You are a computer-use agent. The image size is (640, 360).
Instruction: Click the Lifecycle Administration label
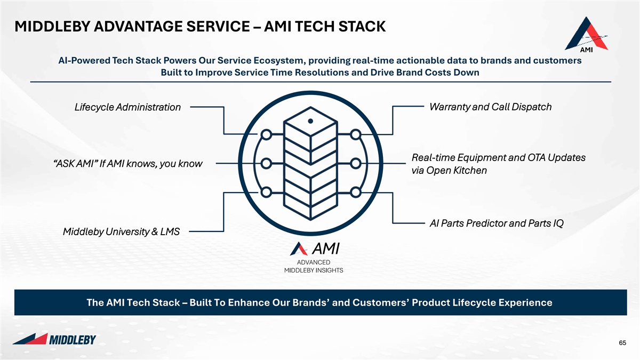point(127,107)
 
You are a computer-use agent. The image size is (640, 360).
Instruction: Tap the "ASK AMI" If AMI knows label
point(127,164)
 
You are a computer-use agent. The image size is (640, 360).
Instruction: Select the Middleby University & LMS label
point(121,231)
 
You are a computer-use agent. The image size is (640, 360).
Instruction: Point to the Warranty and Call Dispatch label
point(490,107)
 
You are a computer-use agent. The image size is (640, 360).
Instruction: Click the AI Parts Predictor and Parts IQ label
point(497,223)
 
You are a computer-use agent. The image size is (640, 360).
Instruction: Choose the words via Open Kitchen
point(449,171)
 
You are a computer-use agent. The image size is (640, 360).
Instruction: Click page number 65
point(622,343)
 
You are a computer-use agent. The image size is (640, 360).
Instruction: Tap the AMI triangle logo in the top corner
point(586,35)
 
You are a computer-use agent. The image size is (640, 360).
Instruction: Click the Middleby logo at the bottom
point(54,339)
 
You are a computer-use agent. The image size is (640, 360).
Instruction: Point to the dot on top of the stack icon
point(310,121)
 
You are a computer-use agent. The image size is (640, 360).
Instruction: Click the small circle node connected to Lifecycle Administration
point(266,134)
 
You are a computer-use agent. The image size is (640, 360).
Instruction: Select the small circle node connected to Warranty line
point(356,134)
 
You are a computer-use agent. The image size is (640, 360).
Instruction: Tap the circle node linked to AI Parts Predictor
point(356,193)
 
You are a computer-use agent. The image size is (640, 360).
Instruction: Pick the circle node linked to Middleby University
point(266,193)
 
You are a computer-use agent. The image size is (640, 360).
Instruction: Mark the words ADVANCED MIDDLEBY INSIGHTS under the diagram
point(314,266)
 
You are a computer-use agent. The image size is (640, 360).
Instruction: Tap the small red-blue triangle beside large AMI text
point(299,249)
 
